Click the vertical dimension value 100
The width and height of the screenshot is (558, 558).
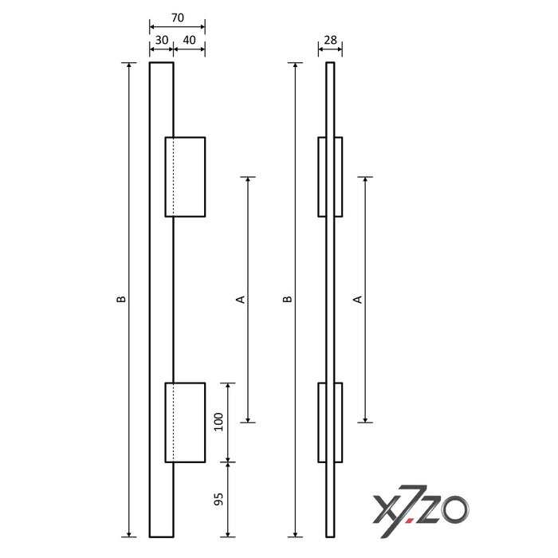pyautogui.click(x=219, y=422)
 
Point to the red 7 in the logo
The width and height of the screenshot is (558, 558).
pyautogui.click(x=416, y=509)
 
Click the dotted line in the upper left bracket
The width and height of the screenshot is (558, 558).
pyautogui.click(x=174, y=176)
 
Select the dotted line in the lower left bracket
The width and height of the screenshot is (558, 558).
pyautogui.click(x=174, y=422)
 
